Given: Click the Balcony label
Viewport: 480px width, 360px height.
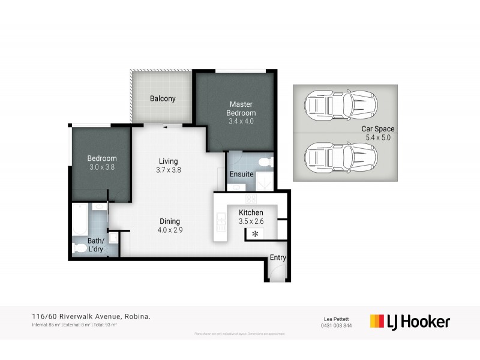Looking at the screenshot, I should point(163,98).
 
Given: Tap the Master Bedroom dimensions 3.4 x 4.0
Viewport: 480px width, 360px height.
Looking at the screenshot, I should point(241,122).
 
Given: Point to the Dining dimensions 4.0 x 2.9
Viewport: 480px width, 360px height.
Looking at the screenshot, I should point(170,230).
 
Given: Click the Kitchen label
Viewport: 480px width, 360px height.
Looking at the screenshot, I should point(251,213).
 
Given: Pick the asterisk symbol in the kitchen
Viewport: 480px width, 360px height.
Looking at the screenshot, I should point(255,233).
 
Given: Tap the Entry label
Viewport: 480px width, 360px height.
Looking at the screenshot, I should point(278,257).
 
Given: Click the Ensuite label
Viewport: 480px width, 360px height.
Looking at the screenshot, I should point(241,175).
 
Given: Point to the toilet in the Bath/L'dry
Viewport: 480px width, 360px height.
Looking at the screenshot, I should point(80,247).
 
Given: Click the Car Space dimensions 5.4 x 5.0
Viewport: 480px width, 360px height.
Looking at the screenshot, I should point(377,137).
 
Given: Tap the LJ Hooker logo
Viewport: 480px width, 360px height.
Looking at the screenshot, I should point(410,322).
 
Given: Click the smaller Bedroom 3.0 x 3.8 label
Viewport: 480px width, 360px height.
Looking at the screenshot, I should point(101,163).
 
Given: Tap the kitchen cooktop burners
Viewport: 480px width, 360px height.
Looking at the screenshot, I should point(251,198).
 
